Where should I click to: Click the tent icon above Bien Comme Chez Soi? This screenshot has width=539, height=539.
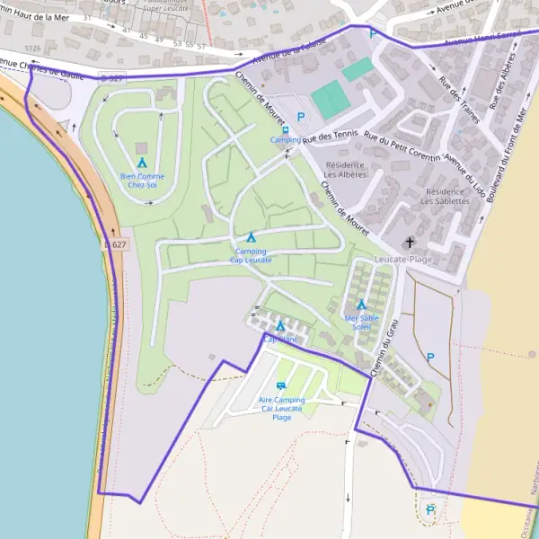pyautogui.click(x=142, y=163)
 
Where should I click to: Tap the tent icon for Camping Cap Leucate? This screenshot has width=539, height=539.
pyautogui.click(x=252, y=238)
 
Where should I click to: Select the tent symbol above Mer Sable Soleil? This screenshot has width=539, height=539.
pyautogui.click(x=361, y=305)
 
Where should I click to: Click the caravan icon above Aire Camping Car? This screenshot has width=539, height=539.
pyautogui.click(x=281, y=385)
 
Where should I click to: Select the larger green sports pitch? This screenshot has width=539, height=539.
pyautogui.click(x=331, y=100)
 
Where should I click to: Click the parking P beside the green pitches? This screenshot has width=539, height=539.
pyautogui.click(x=301, y=117)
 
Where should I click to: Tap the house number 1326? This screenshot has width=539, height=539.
pyautogui.click(x=35, y=48)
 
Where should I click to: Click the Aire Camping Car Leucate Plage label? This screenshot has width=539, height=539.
pyautogui.click(x=281, y=408)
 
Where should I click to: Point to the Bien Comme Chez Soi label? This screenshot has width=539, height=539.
pyautogui.click(x=142, y=181)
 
